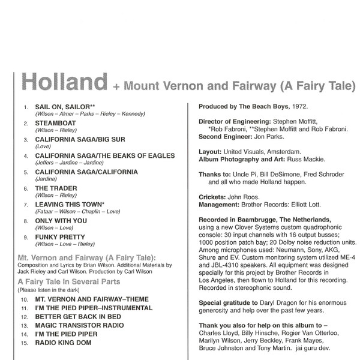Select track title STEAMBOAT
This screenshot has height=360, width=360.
(56, 123)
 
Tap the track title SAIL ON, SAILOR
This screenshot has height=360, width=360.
(62, 107)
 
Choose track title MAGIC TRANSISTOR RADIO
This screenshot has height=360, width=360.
(80, 325)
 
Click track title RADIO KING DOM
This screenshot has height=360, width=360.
(65, 343)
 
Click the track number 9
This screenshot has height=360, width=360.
(25, 238)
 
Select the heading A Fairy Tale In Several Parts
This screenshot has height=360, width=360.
(69, 281)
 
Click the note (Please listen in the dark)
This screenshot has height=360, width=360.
(48, 290)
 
